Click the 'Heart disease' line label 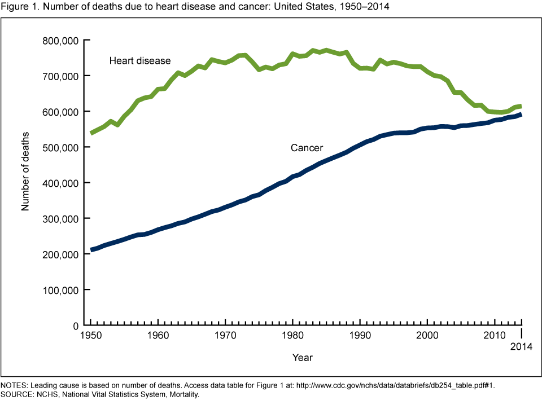140,60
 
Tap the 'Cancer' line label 307,148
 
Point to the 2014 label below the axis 521,346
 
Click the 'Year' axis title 303,357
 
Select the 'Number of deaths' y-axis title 25,171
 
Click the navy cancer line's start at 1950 91,250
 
